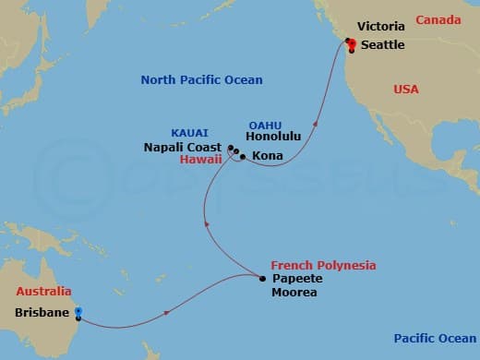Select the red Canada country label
[438, 19]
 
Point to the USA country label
[405, 90]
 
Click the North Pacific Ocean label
[201, 80]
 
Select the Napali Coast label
[183, 147]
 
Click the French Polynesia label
[323, 265]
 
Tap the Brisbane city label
[42, 312]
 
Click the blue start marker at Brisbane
[78, 312]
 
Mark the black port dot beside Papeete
[262, 279]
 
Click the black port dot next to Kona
[242, 158]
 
